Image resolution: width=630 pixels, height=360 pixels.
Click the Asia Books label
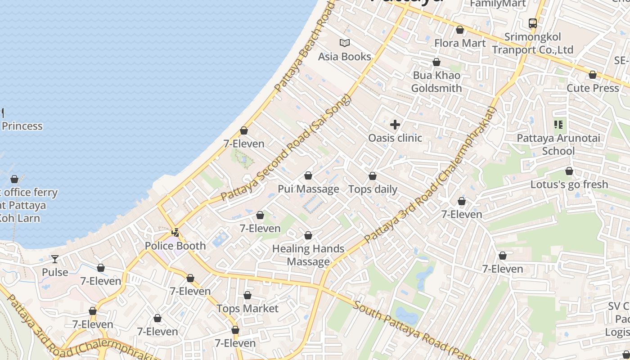(x=344, y=57)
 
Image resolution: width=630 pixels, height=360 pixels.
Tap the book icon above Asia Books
(x=345, y=43)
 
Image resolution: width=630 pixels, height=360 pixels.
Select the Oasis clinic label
(x=395, y=138)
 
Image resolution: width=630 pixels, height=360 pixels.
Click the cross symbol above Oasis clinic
(x=395, y=125)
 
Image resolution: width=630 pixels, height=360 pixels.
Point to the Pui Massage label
(x=308, y=189)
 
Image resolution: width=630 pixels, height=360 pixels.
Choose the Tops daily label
(x=373, y=189)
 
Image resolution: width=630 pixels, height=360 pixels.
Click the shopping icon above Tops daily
(x=373, y=176)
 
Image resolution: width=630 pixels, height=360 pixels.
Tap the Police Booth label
(x=175, y=246)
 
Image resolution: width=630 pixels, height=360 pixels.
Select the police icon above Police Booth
(x=175, y=233)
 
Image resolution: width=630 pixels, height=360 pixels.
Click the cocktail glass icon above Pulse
(x=55, y=259)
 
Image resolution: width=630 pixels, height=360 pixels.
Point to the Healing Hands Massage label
(x=308, y=255)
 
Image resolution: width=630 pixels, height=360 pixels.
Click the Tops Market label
(x=247, y=309)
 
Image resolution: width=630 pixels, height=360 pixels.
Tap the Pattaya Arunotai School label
(x=558, y=144)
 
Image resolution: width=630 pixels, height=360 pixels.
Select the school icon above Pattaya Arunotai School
(x=558, y=125)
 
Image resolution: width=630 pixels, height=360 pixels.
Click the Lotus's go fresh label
(x=569, y=184)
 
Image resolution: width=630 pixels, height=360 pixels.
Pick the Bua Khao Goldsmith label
(x=436, y=82)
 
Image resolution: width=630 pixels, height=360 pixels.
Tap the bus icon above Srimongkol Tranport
(x=533, y=23)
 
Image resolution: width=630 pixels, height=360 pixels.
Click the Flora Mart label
(x=460, y=43)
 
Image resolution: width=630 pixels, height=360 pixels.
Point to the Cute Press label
(x=593, y=88)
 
